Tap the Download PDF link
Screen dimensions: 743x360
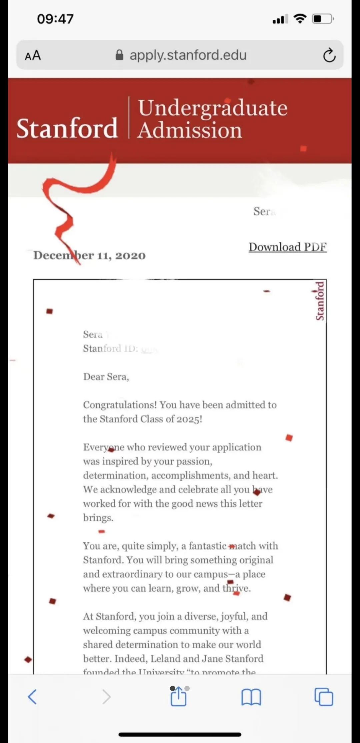(287, 247)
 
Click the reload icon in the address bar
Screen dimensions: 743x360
(329, 55)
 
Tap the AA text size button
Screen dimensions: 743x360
(33, 55)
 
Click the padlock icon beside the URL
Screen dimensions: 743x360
(119, 55)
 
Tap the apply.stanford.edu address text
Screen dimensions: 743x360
(188, 55)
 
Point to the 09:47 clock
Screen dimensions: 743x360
(55, 19)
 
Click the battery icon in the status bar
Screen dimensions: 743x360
(322, 19)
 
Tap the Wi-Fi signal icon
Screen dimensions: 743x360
(300, 19)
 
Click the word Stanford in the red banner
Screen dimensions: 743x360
(67, 128)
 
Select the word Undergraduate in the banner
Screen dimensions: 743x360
(213, 108)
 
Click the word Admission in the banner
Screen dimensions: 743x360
(190, 130)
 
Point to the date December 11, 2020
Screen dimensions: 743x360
(89, 256)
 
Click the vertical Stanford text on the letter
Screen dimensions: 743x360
(320, 301)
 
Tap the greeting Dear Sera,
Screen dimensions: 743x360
(106, 377)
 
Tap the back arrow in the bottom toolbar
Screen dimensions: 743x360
(32, 697)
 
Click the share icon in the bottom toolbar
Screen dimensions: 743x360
(178, 697)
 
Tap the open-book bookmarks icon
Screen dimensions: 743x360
(251, 697)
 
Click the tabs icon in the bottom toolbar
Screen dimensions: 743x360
(324, 697)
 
